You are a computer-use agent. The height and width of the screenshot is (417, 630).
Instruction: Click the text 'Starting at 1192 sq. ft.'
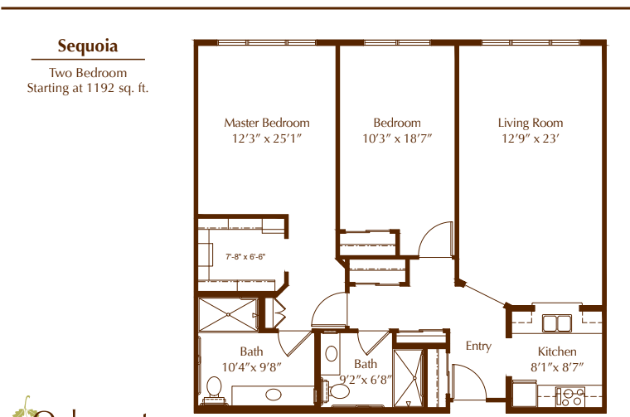click(87, 86)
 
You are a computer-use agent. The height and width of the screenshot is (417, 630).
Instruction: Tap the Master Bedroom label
click(267, 123)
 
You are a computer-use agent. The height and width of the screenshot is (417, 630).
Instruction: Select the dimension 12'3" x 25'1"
click(267, 138)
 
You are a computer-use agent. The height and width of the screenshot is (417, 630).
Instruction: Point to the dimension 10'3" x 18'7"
click(396, 138)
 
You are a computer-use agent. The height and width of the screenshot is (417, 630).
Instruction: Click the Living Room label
click(531, 123)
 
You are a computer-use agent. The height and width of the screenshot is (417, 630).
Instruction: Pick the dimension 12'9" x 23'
click(531, 138)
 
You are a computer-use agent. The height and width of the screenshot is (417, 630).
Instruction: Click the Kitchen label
click(556, 352)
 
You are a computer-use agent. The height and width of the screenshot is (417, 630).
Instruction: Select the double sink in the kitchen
click(555, 322)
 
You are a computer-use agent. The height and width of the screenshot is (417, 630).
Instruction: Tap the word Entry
click(478, 346)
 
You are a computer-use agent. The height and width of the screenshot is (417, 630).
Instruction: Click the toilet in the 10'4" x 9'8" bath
click(214, 386)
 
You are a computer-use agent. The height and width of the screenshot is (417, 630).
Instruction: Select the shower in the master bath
click(225, 315)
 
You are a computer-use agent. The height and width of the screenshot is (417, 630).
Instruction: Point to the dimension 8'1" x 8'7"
click(556, 366)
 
